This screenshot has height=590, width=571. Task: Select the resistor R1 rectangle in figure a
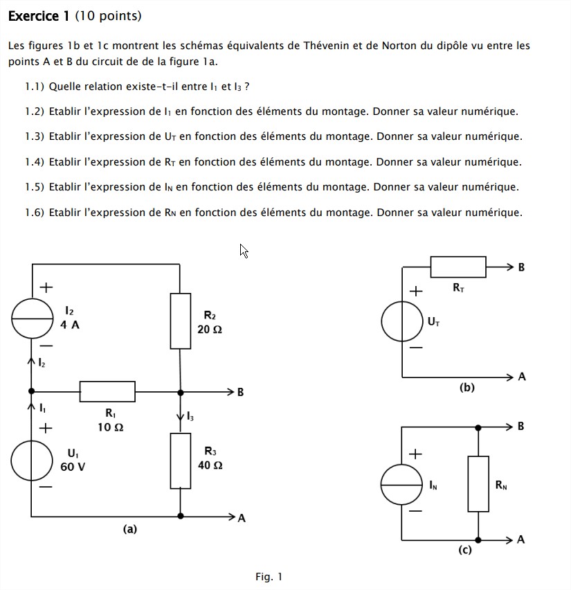[x=107, y=391]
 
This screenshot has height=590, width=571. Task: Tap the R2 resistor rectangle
[x=181, y=321]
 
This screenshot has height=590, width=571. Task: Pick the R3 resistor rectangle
[x=181, y=461]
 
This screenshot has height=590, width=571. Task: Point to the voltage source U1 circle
[x=32, y=460]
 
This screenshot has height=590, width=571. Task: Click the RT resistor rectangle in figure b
[x=457, y=266]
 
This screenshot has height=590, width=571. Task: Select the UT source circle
[x=402, y=321]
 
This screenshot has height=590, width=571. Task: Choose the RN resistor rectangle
[x=478, y=483]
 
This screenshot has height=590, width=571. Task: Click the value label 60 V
[x=73, y=467]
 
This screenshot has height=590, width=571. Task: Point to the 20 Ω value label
[x=210, y=330]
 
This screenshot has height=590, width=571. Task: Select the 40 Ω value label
[x=210, y=465]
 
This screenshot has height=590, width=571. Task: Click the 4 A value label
[x=70, y=325]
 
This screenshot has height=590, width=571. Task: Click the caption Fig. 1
[x=269, y=576]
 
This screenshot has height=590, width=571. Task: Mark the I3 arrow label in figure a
[x=190, y=416]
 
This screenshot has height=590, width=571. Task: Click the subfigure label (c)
[x=464, y=551]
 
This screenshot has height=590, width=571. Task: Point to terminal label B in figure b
[x=521, y=267]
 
